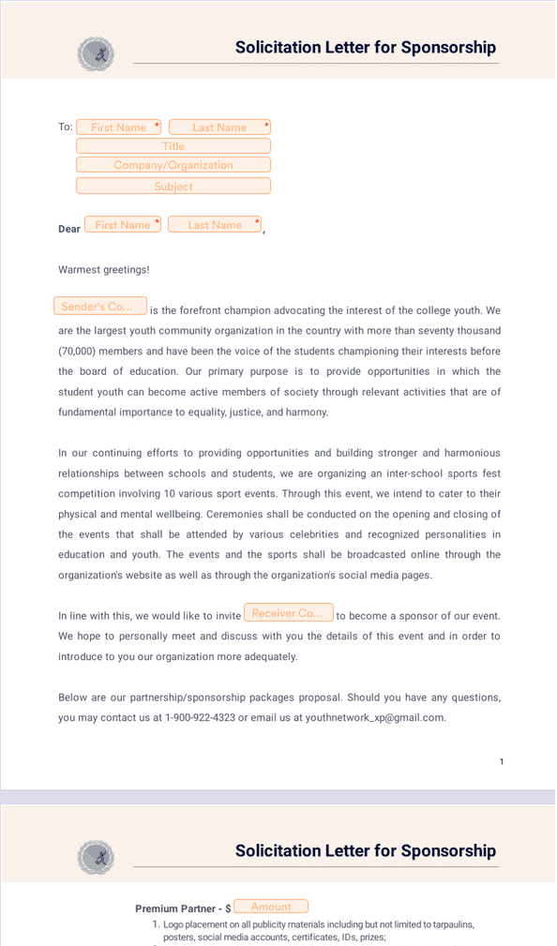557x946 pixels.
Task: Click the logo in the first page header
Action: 96,53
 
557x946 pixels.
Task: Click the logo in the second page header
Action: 96,857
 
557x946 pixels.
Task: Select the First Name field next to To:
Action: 119,128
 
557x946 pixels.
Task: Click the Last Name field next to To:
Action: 219,128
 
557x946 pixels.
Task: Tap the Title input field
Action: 173,146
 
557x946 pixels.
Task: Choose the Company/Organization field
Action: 173,165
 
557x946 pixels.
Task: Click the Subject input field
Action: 173,187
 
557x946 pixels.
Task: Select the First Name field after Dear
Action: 123,225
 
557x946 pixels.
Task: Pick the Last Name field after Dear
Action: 215,225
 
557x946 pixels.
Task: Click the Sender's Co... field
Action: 100,307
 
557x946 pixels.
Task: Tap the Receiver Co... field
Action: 289,613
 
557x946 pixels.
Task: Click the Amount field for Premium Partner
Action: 271,907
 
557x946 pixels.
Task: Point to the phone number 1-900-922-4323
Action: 200,718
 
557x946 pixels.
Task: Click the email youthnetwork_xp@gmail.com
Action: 375,718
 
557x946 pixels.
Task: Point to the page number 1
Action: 502,761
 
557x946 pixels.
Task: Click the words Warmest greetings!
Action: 104,270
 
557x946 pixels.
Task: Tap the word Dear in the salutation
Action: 69,229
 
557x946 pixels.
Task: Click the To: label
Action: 65,128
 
